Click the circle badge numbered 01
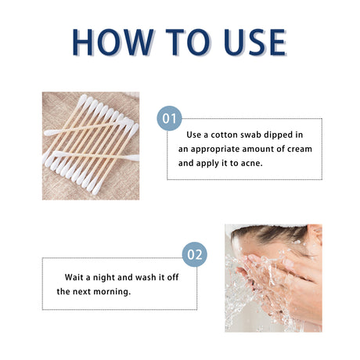[168, 120]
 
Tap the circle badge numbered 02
[195, 255]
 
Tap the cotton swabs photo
[91, 146]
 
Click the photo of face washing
[273, 278]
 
